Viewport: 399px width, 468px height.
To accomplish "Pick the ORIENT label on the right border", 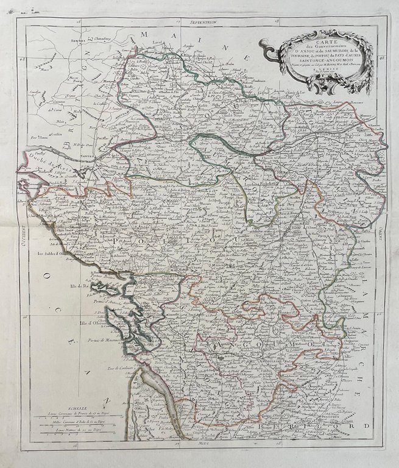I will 379,233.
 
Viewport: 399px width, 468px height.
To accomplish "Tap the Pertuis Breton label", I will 101,275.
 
